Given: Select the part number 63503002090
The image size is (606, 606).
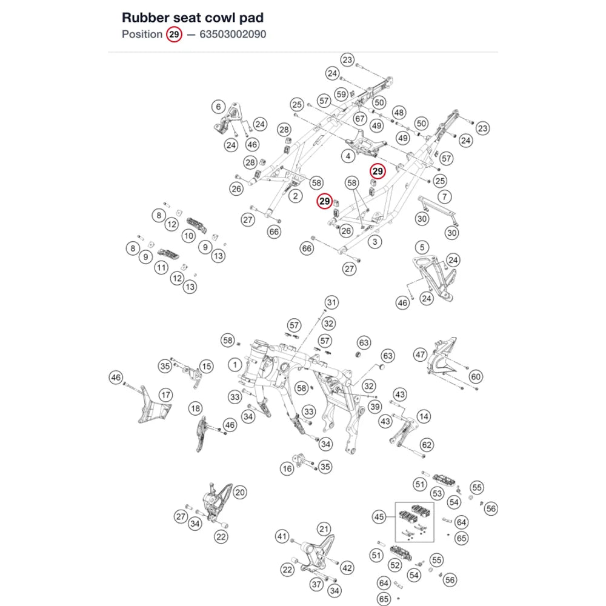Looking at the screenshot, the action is click(233, 35).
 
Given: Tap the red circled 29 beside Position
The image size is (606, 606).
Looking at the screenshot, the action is click(174, 35).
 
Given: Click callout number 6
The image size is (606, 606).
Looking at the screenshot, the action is click(218, 106).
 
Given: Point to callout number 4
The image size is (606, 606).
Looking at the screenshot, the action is click(348, 156).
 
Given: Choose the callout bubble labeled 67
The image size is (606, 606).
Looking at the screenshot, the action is click(360, 119).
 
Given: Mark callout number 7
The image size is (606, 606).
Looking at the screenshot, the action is click(444, 197).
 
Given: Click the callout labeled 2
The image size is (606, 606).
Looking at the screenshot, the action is click(296, 196).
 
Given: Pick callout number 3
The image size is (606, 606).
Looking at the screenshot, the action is click(375, 242).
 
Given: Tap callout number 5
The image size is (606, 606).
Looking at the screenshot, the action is click(422, 247).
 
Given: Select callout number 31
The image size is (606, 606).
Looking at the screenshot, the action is click(331, 302).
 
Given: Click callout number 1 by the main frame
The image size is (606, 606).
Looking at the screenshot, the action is click(235, 364).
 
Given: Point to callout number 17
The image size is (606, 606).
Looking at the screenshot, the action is click(166, 395).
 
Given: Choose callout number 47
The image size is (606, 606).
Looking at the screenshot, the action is click(420, 355).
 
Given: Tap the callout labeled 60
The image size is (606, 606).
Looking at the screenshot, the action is click(475, 376).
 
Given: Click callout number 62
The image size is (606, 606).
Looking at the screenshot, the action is click(426, 445).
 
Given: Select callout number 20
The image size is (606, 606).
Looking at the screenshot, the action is click(240, 492).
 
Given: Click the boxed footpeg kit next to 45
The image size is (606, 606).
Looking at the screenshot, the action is click(415, 522).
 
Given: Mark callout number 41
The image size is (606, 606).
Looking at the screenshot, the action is click(282, 536).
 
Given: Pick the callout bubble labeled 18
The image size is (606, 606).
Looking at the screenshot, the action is click(196, 408).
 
